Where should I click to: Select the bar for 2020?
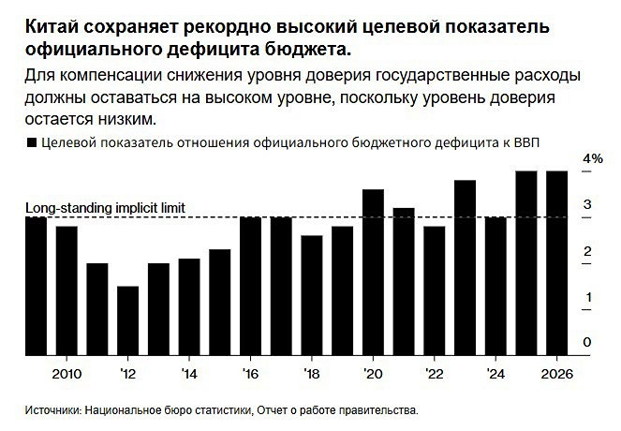click(373, 272)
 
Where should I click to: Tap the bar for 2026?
click(556, 263)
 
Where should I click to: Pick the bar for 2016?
click(250, 286)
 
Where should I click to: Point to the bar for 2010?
click(67, 290)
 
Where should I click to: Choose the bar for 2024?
click(495, 286)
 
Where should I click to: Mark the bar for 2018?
click(312, 295)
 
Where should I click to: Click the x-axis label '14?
click(188, 373)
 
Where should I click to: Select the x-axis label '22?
click(434, 373)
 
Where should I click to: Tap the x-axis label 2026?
click(556, 373)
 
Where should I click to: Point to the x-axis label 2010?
click(67, 373)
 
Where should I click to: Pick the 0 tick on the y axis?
click(586, 342)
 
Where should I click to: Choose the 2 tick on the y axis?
click(586, 250)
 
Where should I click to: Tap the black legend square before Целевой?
click(34, 141)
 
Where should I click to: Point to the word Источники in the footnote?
click(52, 409)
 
